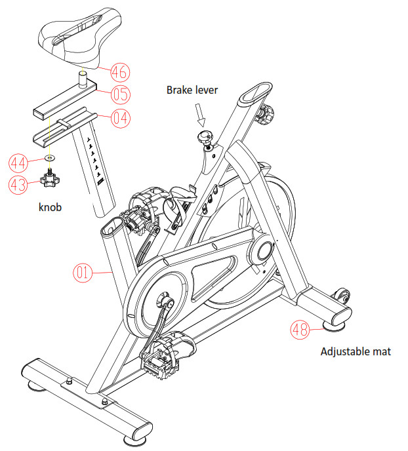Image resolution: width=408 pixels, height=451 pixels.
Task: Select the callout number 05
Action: [x=119, y=94]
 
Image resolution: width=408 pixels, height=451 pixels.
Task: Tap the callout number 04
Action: [x=119, y=119]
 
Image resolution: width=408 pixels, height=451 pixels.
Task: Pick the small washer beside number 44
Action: [x=51, y=159]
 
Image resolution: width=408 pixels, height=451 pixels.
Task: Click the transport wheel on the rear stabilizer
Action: [x=341, y=296]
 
